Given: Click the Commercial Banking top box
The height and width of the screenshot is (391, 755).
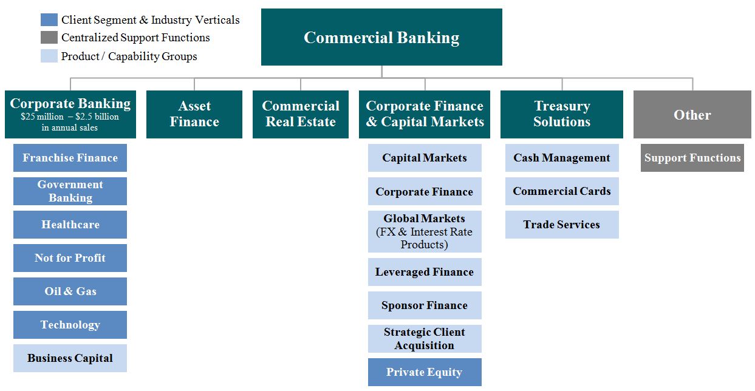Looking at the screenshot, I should [381, 37].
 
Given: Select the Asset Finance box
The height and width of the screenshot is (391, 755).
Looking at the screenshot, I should [194, 114].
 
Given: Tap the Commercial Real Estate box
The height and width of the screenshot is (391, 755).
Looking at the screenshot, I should [301, 114].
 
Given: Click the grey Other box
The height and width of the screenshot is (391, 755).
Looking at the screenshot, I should [692, 115].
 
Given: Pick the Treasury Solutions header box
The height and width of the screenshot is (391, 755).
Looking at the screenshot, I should [562, 114].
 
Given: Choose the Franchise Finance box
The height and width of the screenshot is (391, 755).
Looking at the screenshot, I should [70, 158].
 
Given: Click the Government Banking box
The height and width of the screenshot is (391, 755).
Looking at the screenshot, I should [70, 191].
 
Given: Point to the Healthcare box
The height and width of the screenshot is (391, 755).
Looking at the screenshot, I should [70, 225].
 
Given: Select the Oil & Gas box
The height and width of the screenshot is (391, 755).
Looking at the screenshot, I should [70, 291].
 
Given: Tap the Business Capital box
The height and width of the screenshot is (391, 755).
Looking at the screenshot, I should [70, 358].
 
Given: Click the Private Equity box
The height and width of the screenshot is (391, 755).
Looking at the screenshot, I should [425, 372].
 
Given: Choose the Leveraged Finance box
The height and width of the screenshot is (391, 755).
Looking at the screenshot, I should [425, 272].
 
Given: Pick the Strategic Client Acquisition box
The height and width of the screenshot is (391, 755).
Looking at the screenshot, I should [425, 339].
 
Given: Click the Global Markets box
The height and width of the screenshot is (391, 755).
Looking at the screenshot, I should [425, 231].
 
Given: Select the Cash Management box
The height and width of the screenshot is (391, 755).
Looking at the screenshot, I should [562, 158].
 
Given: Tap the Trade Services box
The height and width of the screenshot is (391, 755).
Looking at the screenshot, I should [562, 225].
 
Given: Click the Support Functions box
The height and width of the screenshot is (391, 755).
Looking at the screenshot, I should [692, 158].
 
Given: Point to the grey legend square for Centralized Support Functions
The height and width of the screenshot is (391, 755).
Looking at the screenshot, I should [49, 38].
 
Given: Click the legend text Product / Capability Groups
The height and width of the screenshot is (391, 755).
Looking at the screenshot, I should [129, 56].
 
